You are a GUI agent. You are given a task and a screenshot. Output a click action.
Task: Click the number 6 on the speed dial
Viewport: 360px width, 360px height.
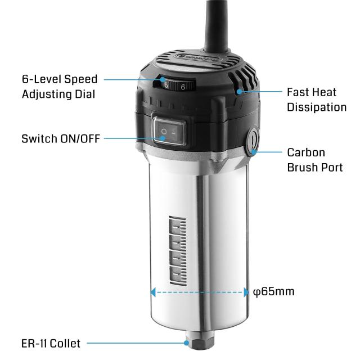(x=183, y=87)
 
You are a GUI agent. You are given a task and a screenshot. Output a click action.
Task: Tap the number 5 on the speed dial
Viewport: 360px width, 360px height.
(x=166, y=86)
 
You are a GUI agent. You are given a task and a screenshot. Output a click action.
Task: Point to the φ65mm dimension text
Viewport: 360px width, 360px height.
(x=274, y=292)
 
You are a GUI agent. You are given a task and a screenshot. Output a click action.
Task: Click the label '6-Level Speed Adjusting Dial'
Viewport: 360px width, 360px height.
(x=60, y=86)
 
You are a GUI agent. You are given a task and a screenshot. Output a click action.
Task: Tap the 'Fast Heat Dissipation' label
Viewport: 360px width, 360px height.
(x=316, y=98)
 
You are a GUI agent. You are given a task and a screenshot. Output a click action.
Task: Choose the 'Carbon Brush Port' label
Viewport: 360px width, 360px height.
(x=314, y=160)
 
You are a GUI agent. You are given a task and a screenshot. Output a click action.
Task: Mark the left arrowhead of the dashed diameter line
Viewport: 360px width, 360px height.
(x=152, y=292)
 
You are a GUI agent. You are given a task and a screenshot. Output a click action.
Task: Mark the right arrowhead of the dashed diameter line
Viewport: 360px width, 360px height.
(x=246, y=292)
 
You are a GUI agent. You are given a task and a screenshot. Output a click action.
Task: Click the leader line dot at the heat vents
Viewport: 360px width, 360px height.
(x=240, y=91)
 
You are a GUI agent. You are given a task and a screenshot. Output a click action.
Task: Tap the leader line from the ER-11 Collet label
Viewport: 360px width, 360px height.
(x=135, y=343)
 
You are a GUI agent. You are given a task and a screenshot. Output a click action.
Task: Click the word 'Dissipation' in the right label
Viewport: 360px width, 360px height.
(x=316, y=106)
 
